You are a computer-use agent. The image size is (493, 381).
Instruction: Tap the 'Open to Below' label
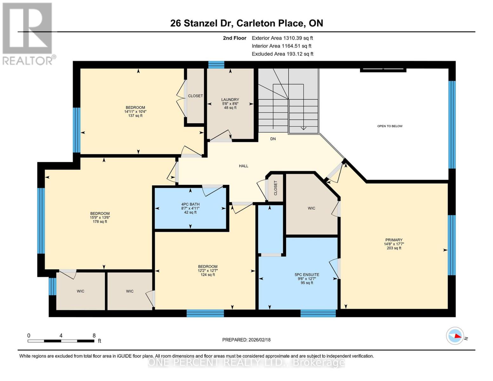click(x=390, y=126)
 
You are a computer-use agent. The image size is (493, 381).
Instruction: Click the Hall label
click(x=243, y=166)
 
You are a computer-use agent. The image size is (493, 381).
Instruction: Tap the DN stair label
click(x=273, y=139)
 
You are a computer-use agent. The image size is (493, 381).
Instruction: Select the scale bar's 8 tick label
click(x=94, y=335)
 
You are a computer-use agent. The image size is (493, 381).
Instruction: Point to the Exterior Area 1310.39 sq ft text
click(x=282, y=38)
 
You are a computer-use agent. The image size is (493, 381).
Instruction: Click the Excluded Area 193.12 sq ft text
click(x=282, y=54)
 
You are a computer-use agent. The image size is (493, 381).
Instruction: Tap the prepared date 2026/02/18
click(x=246, y=340)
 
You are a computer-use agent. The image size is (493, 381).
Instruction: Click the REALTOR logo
click(x=28, y=33)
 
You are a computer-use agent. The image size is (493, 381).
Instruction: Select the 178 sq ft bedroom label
click(x=100, y=217)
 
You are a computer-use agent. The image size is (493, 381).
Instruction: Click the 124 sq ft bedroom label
click(x=208, y=271)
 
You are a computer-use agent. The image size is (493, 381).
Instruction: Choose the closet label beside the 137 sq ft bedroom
click(x=195, y=96)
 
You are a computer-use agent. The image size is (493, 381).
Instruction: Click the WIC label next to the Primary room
click(x=311, y=208)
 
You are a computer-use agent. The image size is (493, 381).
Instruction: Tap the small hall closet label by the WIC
click(x=275, y=188)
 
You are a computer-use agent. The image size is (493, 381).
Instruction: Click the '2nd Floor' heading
click(x=235, y=38)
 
